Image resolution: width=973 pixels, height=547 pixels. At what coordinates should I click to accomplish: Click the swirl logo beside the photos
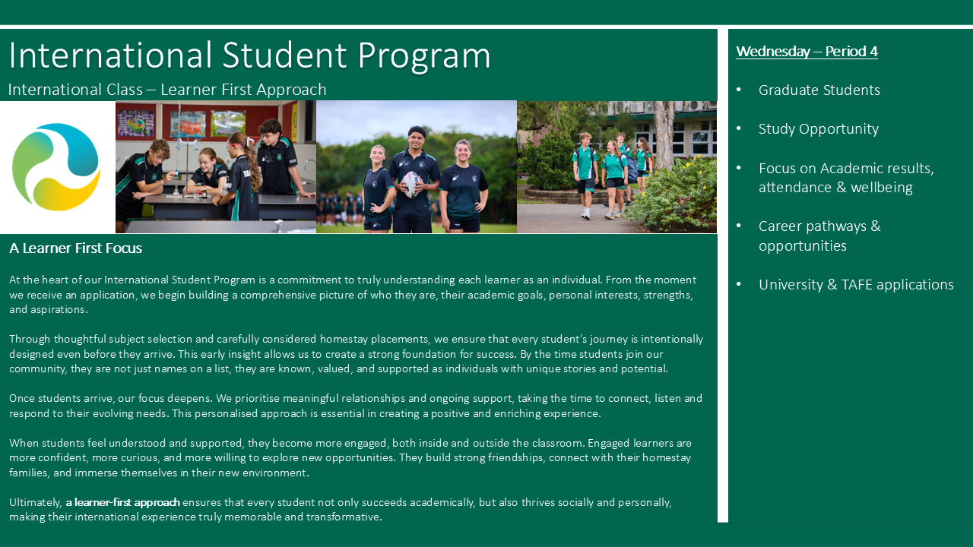(56, 166)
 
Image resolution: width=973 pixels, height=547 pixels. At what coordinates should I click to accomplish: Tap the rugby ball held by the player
(411, 184)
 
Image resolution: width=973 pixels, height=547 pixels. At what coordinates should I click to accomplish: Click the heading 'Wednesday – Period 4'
(807, 52)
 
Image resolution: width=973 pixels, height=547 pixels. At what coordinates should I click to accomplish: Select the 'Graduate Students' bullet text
(819, 90)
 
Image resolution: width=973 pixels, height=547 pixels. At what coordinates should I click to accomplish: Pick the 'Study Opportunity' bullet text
(819, 129)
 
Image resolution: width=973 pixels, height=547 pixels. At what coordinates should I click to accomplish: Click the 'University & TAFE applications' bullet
(856, 284)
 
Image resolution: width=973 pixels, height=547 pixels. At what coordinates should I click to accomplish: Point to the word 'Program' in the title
(424, 55)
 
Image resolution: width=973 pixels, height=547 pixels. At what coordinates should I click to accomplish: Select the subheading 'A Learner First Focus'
(75, 248)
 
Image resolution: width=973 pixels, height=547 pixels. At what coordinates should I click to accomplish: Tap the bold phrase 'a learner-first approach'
(122, 502)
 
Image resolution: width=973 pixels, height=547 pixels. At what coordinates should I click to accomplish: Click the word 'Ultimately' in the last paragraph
(36, 502)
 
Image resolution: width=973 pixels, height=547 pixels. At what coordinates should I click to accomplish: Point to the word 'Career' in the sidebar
(780, 226)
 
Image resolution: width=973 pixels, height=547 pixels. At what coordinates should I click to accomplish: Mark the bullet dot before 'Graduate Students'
(739, 90)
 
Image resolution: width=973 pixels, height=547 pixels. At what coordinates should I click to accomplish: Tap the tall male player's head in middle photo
(417, 138)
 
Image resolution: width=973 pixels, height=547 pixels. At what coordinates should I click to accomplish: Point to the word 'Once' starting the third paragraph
(22, 399)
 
